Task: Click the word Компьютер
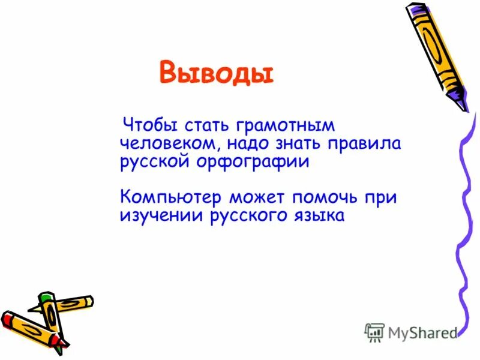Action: coord(171,197)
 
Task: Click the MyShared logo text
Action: coord(422,332)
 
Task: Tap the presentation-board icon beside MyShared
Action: coord(374,332)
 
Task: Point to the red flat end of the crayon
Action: coord(7,317)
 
